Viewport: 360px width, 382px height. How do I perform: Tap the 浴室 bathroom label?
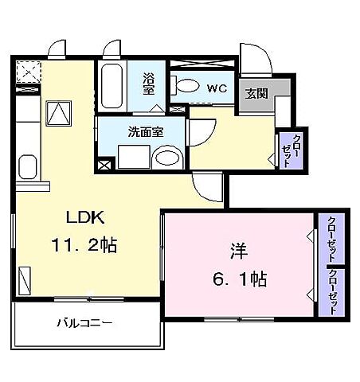pos(149,84)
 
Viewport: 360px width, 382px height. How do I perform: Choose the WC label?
pos(215,88)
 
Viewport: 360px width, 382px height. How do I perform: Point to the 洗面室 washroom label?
pos(146,132)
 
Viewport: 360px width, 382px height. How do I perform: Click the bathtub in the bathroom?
pos(112,86)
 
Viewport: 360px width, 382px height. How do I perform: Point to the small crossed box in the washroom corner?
pos(104,166)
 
